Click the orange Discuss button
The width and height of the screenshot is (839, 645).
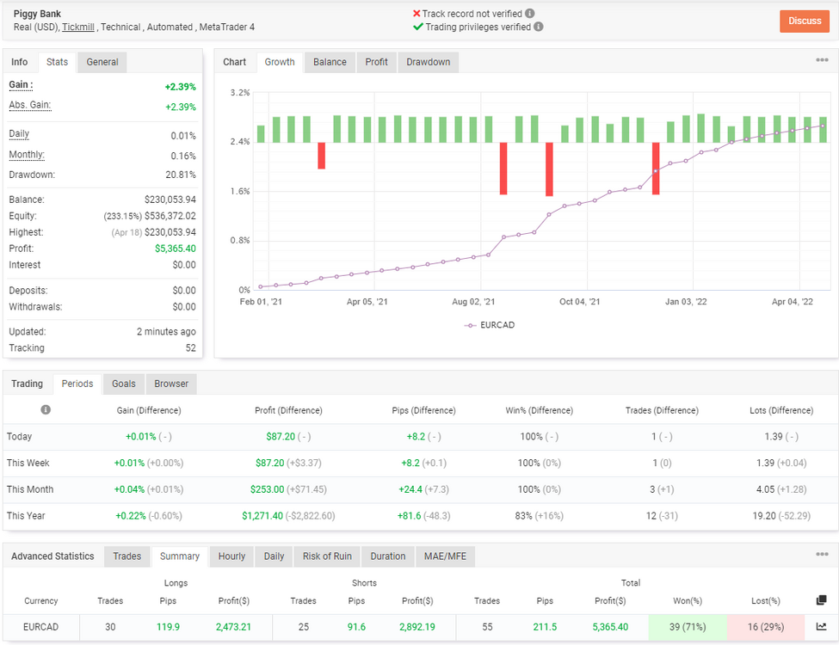click(805, 21)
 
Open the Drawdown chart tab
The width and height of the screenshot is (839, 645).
click(428, 62)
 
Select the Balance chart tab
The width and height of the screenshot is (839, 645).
click(330, 62)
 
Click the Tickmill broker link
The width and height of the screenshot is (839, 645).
click(78, 27)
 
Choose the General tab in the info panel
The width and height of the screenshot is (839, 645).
click(102, 62)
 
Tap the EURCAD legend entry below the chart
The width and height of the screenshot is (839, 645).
click(490, 324)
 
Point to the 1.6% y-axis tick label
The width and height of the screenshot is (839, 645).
click(240, 191)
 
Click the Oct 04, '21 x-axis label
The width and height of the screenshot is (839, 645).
click(579, 302)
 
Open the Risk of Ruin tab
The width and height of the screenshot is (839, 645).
click(327, 556)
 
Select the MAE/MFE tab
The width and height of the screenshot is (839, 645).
click(445, 556)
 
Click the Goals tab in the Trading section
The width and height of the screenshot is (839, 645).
click(124, 384)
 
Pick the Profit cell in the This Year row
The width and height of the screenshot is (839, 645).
click(288, 516)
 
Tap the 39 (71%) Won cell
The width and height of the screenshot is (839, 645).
click(688, 627)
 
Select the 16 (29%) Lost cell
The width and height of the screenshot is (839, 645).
click(766, 627)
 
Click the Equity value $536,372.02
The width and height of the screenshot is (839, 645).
click(170, 216)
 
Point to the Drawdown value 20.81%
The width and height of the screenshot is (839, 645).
click(181, 175)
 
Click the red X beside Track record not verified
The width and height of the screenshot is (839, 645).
click(416, 14)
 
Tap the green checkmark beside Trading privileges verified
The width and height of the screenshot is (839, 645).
click(418, 27)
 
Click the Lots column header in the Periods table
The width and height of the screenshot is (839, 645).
click(781, 410)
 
